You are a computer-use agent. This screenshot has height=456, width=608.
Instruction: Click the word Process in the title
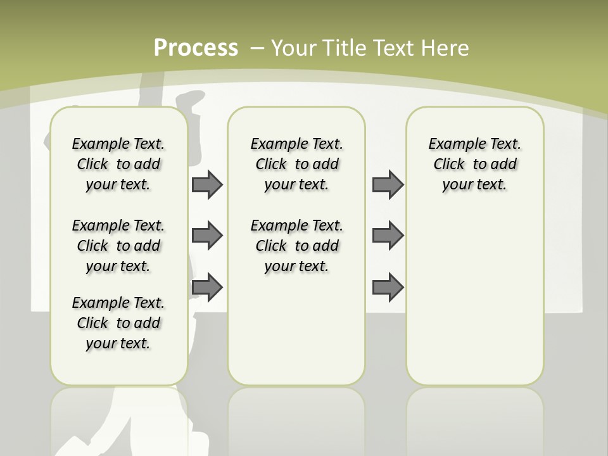[196, 48]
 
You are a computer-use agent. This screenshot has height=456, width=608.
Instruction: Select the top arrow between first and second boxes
[207, 184]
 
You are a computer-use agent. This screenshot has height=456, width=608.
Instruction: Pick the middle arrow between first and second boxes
[207, 236]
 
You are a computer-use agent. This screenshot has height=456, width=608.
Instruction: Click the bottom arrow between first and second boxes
[207, 288]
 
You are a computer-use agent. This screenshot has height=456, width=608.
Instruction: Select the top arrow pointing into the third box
[388, 184]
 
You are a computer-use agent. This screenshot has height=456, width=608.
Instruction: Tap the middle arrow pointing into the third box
[388, 236]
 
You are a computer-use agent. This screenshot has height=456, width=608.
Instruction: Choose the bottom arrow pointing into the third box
[388, 288]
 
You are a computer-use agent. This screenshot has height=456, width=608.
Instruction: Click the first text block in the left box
[118, 164]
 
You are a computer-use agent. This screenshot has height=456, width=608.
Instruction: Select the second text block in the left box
[118, 246]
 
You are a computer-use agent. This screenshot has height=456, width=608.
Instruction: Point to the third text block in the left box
[118, 323]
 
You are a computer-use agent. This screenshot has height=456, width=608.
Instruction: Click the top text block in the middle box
[296, 164]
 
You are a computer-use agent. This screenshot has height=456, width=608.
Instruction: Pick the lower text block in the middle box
[296, 246]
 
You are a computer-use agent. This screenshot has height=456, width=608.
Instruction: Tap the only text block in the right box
[474, 164]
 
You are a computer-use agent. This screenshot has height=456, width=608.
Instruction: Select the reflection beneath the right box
[474, 418]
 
